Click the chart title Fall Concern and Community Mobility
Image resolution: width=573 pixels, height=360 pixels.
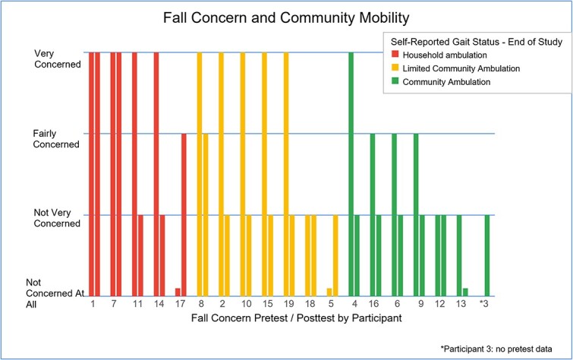point(286,18)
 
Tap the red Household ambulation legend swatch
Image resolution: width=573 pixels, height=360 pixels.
point(395,55)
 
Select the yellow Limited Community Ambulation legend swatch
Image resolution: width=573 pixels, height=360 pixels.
point(395,68)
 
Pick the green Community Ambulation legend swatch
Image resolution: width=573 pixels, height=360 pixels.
point(395,81)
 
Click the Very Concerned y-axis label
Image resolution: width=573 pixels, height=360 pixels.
point(58,59)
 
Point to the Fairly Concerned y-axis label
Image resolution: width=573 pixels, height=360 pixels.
point(56,139)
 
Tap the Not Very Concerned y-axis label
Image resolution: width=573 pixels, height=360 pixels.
point(57,218)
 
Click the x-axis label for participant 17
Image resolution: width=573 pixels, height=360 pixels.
point(181,304)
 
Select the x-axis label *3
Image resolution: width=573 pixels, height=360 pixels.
point(484,304)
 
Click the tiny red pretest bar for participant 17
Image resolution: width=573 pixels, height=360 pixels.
point(178,292)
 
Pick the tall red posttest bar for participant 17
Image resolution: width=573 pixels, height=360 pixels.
point(184,215)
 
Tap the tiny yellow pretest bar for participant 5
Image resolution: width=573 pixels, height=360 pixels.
point(329,292)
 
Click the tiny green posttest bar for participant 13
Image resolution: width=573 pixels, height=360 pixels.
point(465,292)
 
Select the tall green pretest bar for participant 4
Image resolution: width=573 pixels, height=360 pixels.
point(351,174)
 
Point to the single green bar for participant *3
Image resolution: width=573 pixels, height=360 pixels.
point(487,256)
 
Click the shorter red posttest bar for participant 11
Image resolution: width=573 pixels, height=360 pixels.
point(140,256)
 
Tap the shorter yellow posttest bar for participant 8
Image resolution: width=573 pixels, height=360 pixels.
point(206,215)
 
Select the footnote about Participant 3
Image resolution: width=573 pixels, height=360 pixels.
point(496,349)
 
